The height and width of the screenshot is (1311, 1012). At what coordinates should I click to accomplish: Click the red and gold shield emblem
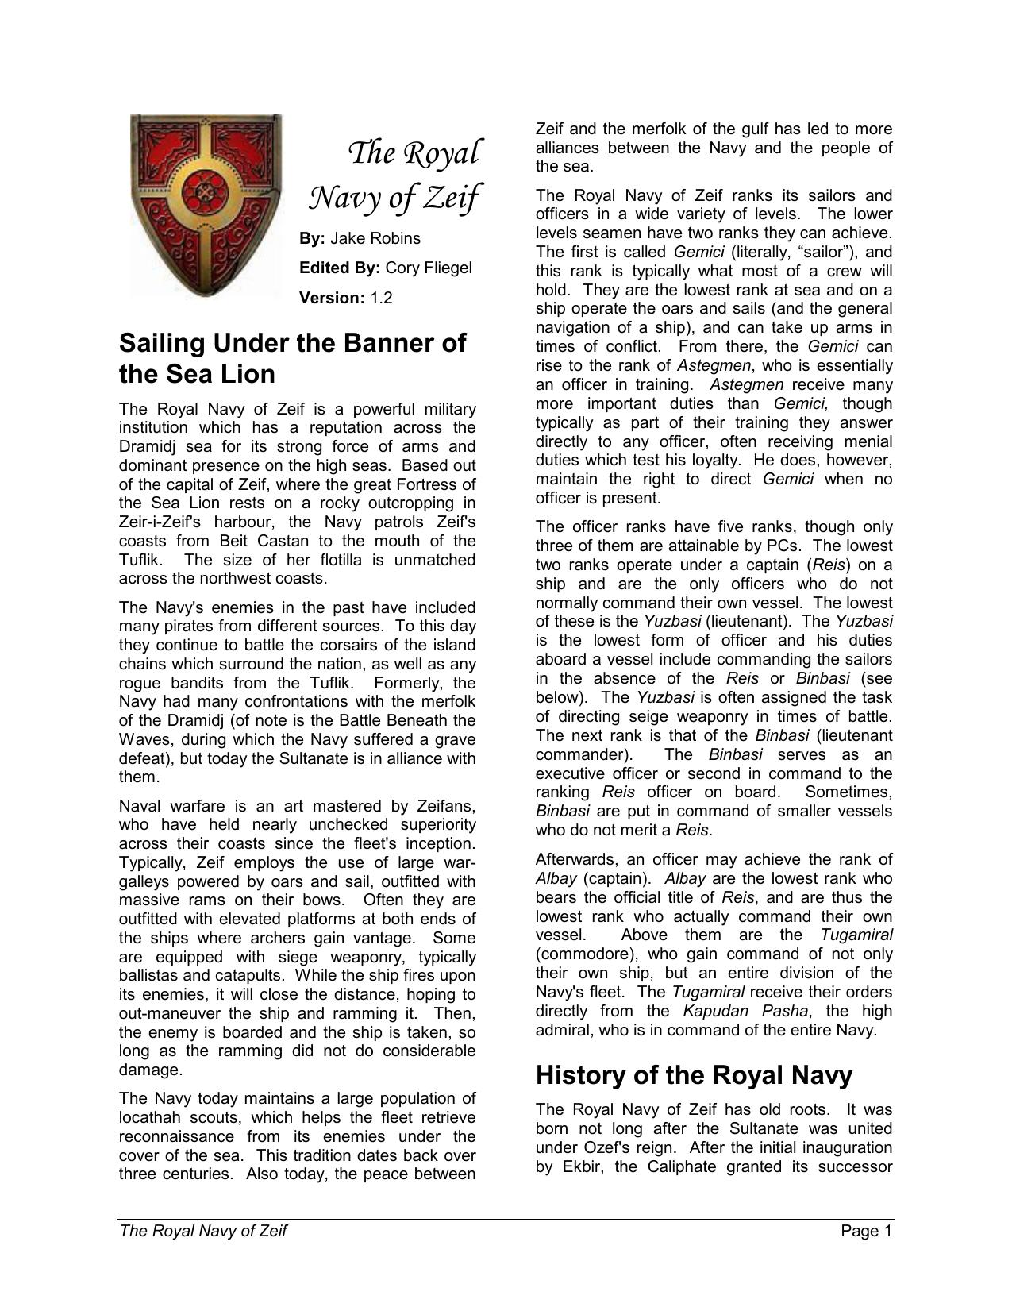pyautogui.click(x=206, y=204)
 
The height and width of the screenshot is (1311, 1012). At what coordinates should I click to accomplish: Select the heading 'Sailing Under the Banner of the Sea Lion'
pyautogui.click(x=292, y=358)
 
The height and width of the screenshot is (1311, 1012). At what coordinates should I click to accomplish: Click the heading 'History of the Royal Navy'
pyautogui.click(x=694, y=1075)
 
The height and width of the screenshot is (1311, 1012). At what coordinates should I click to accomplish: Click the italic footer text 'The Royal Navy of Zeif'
pyautogui.click(x=202, y=1232)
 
